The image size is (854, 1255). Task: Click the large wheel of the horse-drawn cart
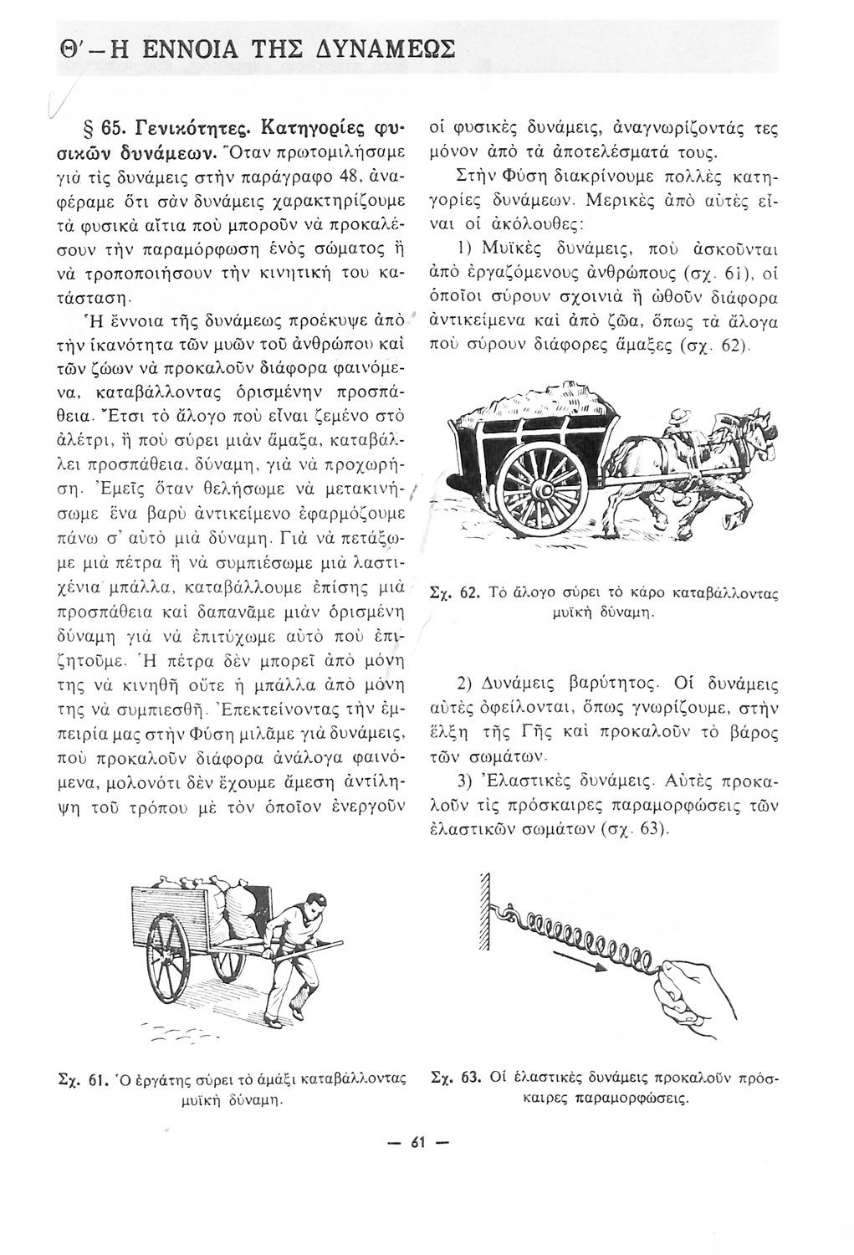[544, 485]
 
